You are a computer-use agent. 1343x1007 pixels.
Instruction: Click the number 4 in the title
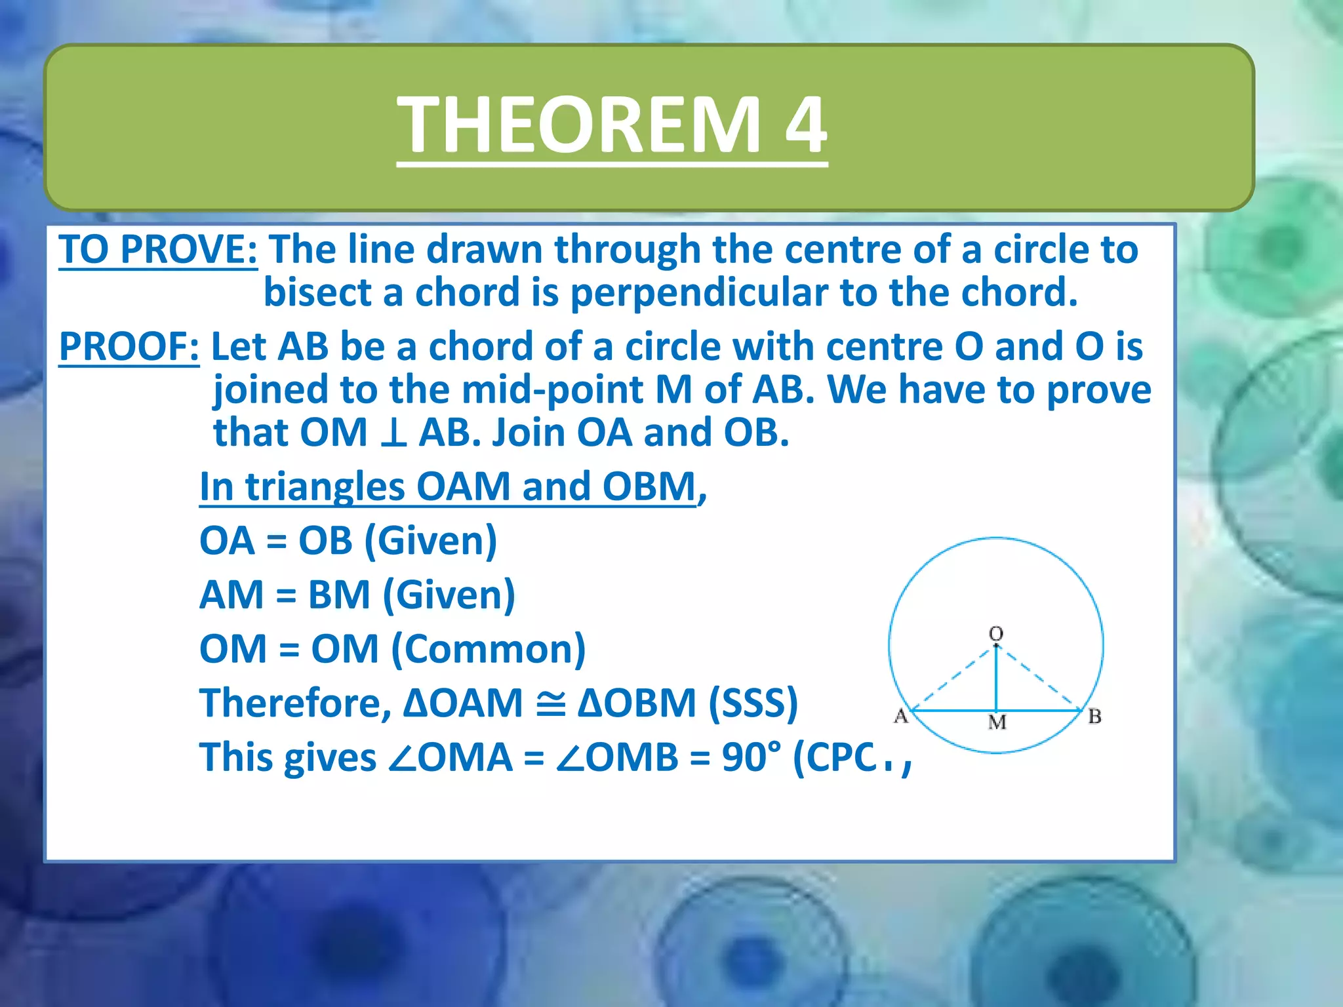click(x=805, y=125)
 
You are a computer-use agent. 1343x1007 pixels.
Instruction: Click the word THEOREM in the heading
click(x=578, y=125)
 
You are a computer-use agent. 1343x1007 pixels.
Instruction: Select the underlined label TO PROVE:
click(x=157, y=250)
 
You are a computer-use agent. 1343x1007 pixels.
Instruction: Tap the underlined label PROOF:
click(x=129, y=346)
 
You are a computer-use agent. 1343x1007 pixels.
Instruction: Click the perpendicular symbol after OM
click(x=393, y=433)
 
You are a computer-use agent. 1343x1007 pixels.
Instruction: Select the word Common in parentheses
click(x=488, y=649)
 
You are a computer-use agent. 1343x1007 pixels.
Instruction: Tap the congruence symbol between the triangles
click(x=550, y=703)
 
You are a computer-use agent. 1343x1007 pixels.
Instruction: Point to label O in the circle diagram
click(x=995, y=633)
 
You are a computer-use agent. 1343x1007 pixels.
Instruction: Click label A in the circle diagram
click(x=901, y=716)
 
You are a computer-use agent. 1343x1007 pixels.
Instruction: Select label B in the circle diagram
click(x=1094, y=717)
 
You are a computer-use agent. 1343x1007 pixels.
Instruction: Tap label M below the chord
click(x=997, y=722)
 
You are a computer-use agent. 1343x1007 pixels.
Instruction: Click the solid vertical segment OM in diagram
click(x=996, y=679)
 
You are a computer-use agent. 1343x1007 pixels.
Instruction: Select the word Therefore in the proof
click(x=289, y=703)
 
